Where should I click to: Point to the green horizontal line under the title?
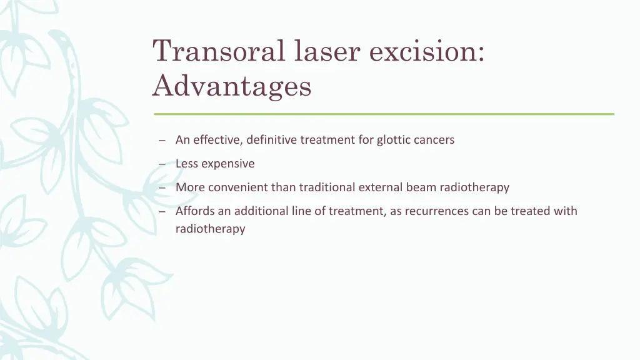pos(384,114)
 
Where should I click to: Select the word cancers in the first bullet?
pos(434,140)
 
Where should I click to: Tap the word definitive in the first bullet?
pos(271,140)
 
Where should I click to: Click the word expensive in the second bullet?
pos(228,164)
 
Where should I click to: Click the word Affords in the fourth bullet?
pos(195,211)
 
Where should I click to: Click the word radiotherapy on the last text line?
pos(210,229)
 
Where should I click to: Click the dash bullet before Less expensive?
pos(161,164)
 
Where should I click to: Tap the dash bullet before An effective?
pos(161,141)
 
